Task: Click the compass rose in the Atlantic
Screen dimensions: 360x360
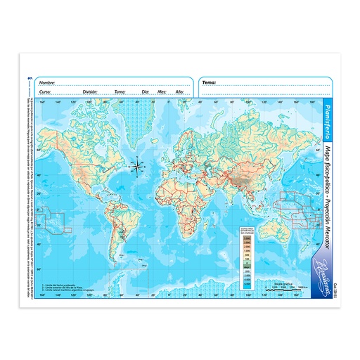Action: pos(139,166)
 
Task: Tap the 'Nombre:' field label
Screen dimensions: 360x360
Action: pos(47,83)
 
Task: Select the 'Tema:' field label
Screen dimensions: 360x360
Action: pos(209,83)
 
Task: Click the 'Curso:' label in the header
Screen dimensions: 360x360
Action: pos(45,92)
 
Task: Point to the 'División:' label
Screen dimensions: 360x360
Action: pos(89,92)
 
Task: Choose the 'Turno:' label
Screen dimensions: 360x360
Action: pos(120,92)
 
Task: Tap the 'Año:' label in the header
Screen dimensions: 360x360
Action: pos(179,92)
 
